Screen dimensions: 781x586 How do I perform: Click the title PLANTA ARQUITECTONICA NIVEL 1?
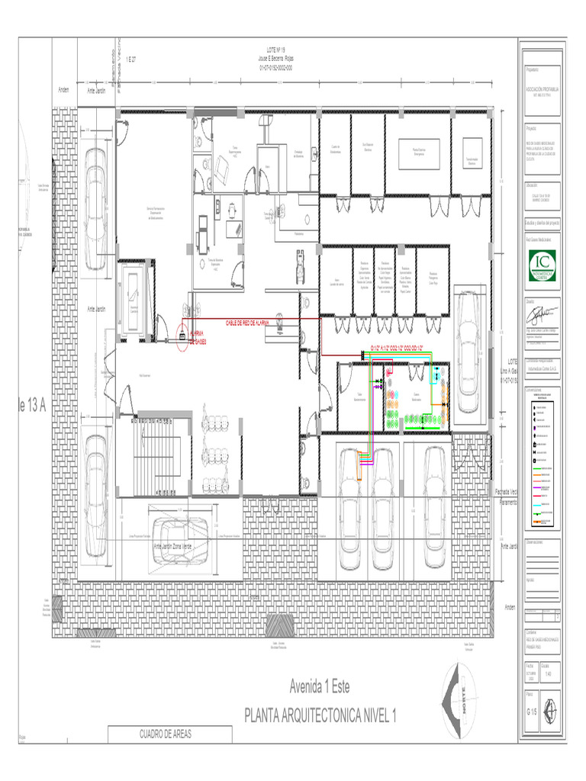click(x=320, y=715)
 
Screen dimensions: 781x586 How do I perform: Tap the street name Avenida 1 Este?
click(x=320, y=686)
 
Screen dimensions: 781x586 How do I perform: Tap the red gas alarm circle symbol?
click(x=182, y=335)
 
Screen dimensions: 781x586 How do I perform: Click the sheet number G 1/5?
click(x=533, y=711)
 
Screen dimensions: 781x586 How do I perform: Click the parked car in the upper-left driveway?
click(x=95, y=207)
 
